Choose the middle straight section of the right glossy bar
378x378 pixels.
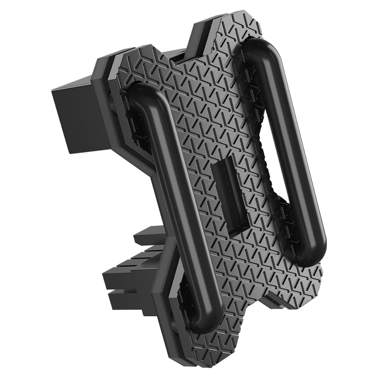click(287, 147)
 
